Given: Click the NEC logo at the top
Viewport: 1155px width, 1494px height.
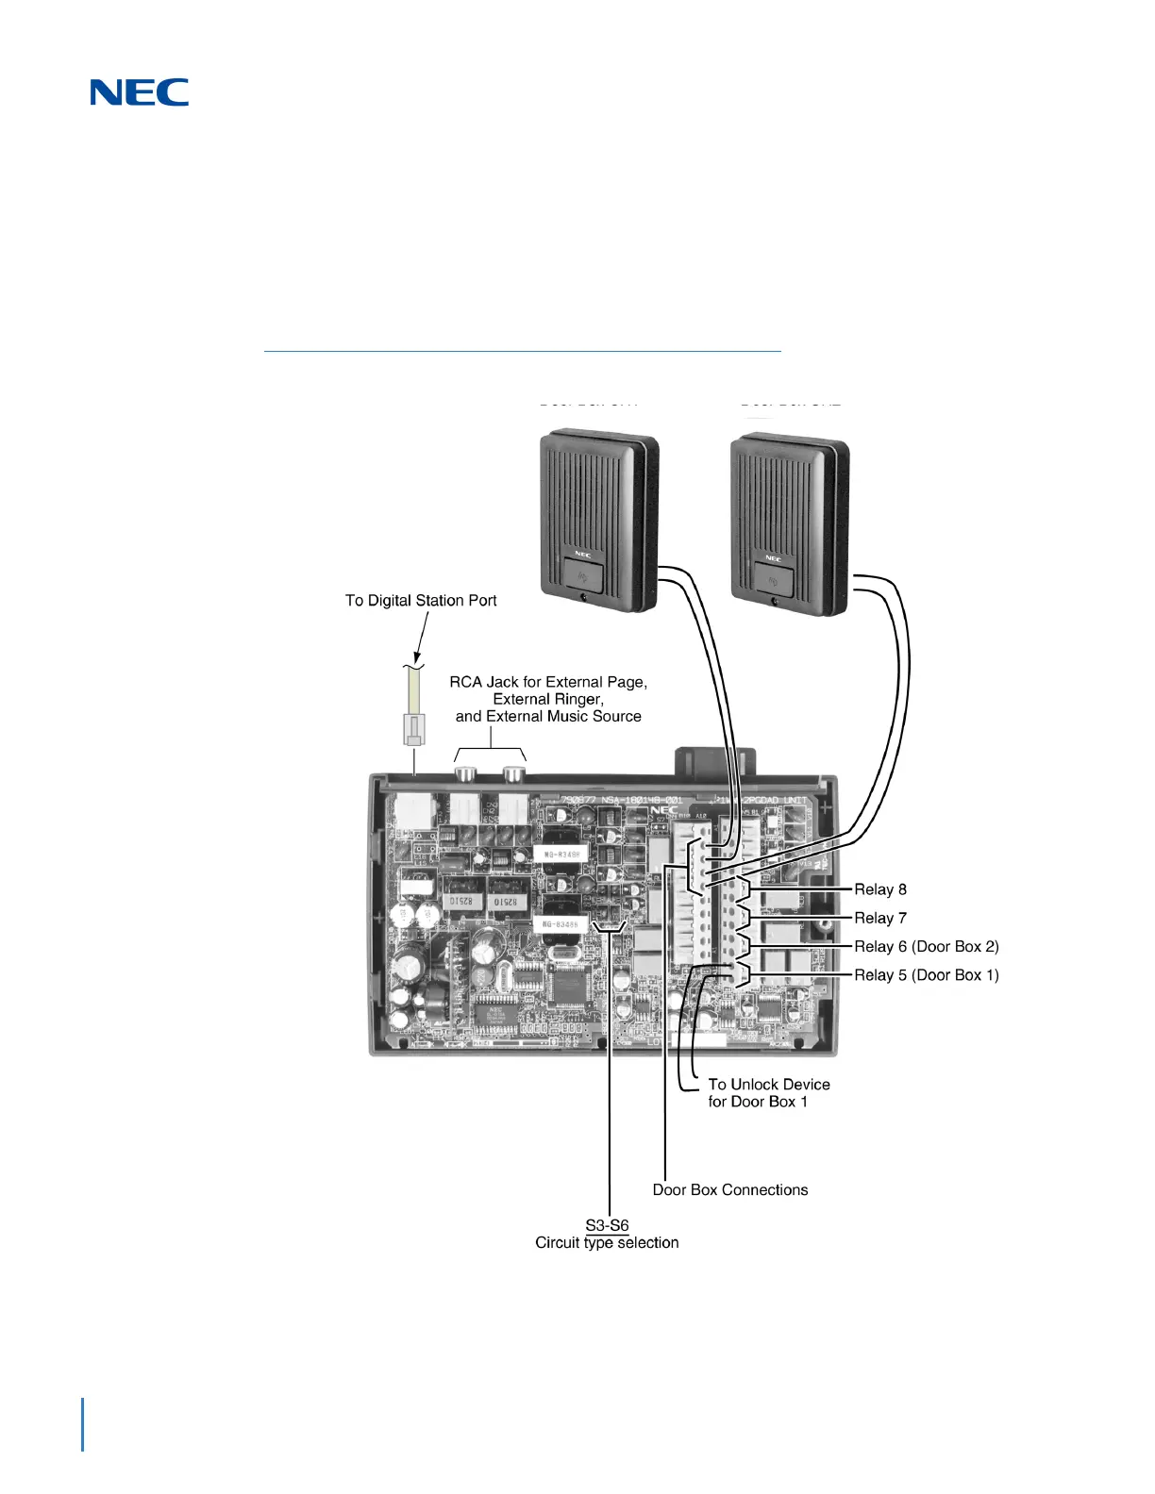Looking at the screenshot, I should click(140, 91).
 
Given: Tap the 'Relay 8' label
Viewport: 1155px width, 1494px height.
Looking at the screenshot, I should click(879, 889).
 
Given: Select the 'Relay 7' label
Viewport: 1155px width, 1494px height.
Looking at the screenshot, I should click(879, 918).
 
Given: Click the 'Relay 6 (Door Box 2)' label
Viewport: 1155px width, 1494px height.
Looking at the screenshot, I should click(926, 946).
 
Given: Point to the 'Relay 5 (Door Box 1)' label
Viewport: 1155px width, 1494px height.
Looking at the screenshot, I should click(926, 975).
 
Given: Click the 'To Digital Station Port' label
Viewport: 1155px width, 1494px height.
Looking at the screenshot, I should click(421, 601).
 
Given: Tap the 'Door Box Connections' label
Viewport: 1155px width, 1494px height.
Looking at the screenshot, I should click(730, 1190).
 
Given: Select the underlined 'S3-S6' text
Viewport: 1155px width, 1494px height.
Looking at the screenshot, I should click(607, 1225).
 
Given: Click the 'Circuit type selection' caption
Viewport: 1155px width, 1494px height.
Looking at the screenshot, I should click(607, 1243).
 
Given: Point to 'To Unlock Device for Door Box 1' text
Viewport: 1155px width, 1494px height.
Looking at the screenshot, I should click(768, 1093).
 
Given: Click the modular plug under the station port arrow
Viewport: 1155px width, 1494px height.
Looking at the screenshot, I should click(413, 728).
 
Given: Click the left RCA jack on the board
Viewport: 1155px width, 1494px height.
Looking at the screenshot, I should click(466, 775).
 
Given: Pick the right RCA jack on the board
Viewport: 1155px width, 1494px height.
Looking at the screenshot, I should click(513, 775).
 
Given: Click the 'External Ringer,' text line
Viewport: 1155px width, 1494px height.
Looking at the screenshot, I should click(548, 699).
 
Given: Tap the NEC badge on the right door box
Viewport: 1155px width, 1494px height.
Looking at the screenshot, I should click(774, 558).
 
